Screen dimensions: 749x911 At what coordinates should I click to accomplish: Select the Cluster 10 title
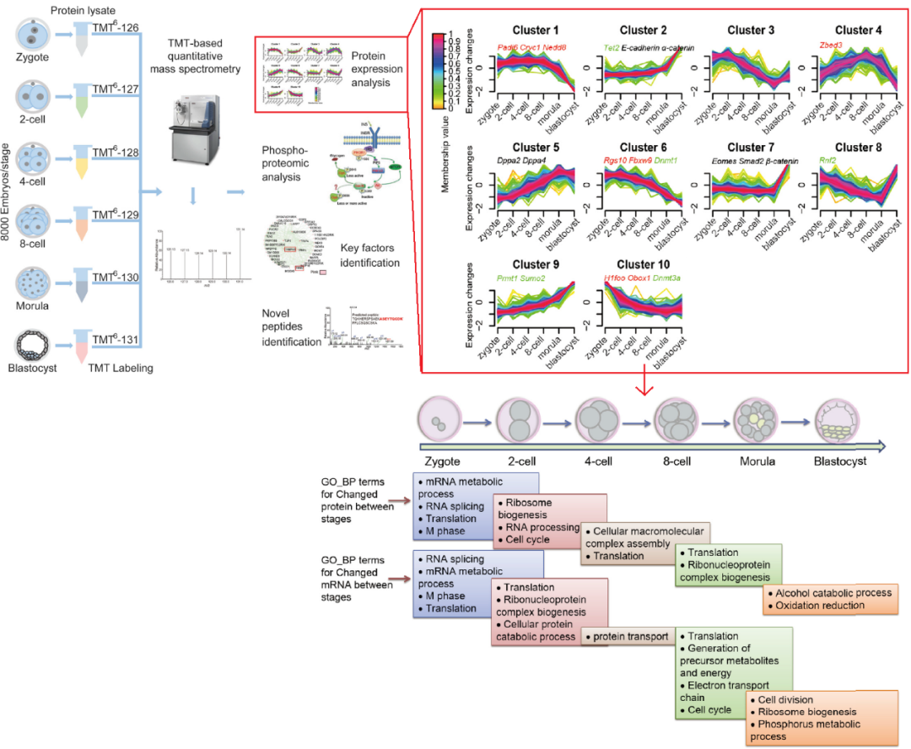click(644, 265)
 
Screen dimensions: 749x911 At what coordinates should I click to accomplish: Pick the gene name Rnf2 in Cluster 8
click(830, 161)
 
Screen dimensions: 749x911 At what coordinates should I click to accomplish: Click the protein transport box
click(628, 637)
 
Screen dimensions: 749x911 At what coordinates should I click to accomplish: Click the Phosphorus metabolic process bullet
click(807, 730)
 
